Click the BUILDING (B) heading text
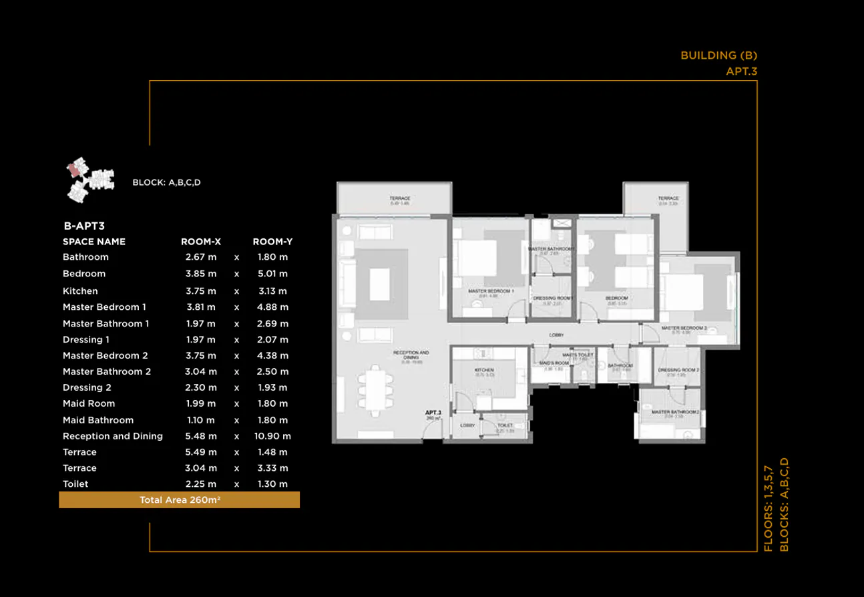(x=719, y=55)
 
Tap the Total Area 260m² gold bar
(x=180, y=500)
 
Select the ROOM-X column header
(x=201, y=242)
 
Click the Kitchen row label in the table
(x=80, y=291)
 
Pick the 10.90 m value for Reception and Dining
(x=273, y=436)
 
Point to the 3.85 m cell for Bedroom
(x=201, y=274)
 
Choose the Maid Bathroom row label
(x=98, y=420)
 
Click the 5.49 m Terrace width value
(x=201, y=452)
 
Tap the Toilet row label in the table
(x=75, y=484)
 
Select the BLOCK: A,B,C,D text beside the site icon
(x=166, y=182)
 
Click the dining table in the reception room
(x=374, y=389)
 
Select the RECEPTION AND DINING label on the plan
(x=411, y=355)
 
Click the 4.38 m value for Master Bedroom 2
(x=273, y=356)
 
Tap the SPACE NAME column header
(x=94, y=242)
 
